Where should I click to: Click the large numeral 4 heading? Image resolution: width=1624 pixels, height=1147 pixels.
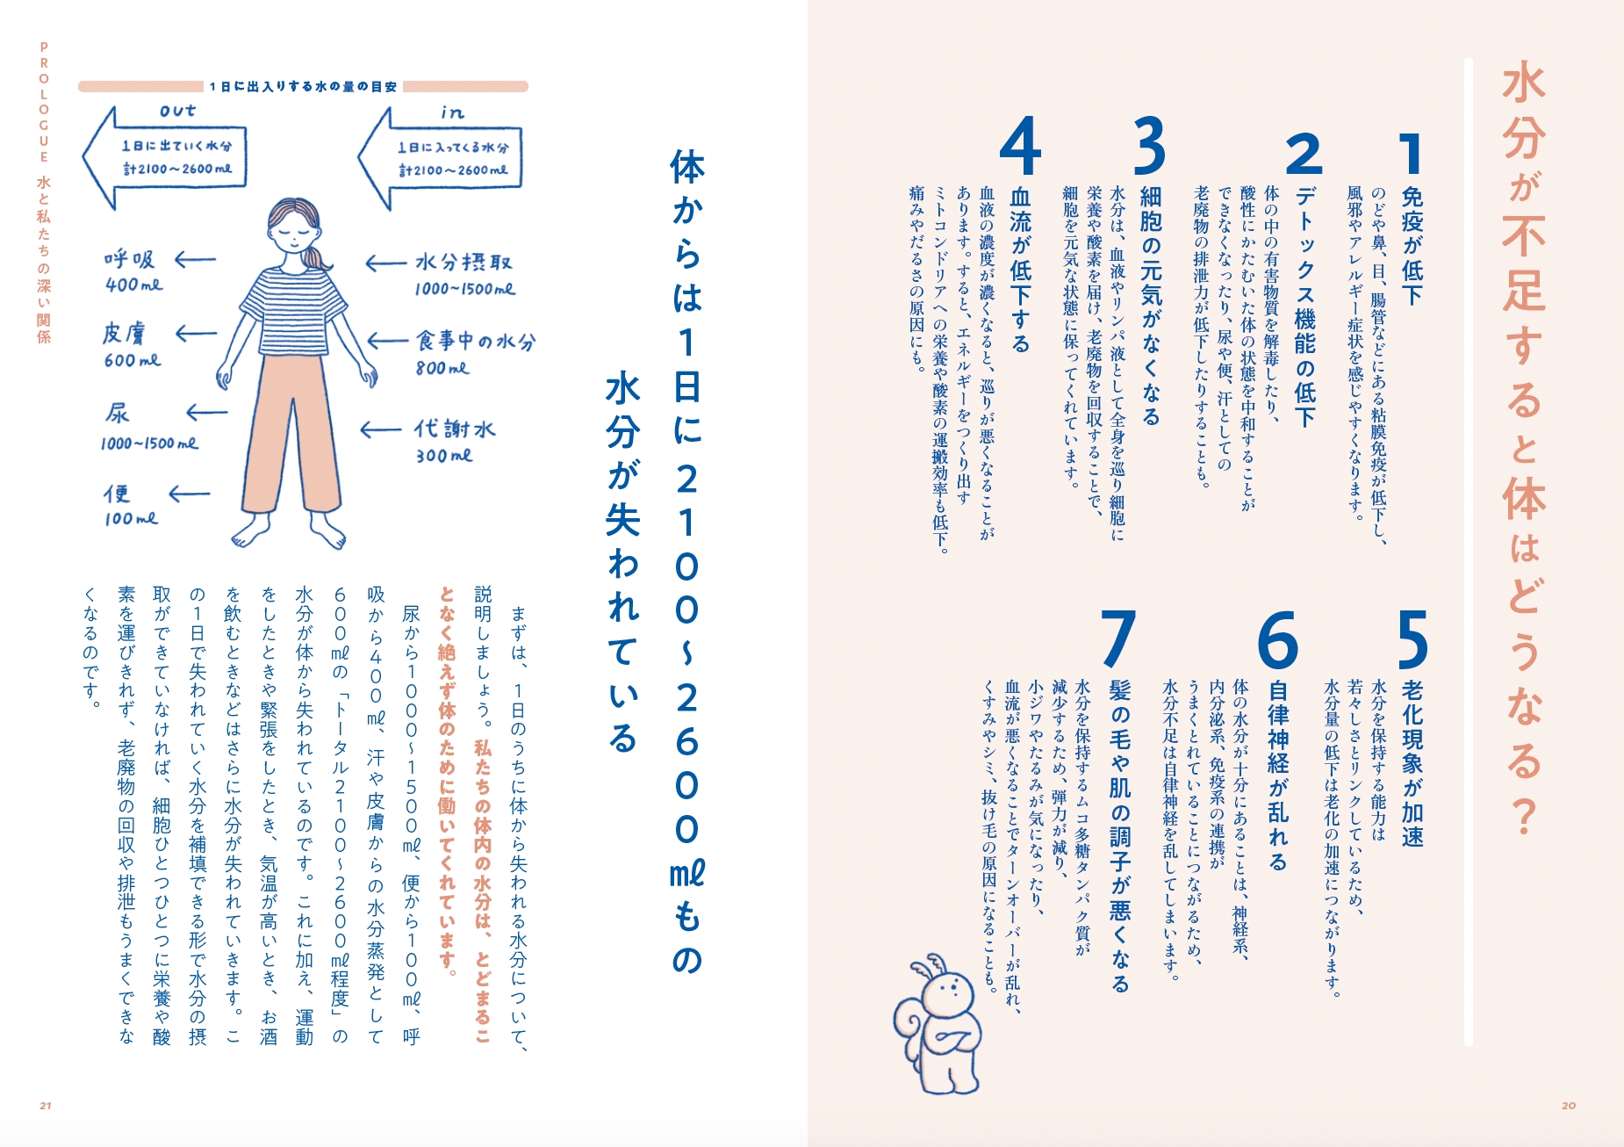pos(1020,147)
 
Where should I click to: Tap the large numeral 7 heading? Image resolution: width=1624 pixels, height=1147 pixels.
pos(1118,638)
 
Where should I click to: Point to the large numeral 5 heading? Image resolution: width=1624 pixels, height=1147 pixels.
pos(1412,639)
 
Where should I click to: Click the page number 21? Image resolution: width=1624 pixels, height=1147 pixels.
pos(46,1106)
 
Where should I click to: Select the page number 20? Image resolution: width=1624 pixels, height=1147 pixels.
pos(1569,1106)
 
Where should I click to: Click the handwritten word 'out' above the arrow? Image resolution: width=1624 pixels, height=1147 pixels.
pos(177,111)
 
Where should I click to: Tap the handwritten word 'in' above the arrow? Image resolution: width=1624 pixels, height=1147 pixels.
pos(452,112)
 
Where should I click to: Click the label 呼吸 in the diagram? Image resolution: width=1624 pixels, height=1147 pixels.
pos(130,259)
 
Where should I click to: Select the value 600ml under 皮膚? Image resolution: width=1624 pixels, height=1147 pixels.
pos(133,360)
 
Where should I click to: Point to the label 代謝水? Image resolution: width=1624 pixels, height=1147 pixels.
pos(455,429)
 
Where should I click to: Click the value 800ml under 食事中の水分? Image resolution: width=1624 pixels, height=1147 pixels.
pos(442,369)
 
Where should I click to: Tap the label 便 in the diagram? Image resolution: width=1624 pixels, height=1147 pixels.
pos(117,494)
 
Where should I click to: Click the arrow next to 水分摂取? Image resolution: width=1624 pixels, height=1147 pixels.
pos(386,263)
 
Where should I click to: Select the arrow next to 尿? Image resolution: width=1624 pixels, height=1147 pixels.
pos(207,413)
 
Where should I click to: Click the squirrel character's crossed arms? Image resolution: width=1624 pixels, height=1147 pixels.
pos(953,1040)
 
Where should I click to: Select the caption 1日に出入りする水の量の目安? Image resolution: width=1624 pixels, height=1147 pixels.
pos(303,87)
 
